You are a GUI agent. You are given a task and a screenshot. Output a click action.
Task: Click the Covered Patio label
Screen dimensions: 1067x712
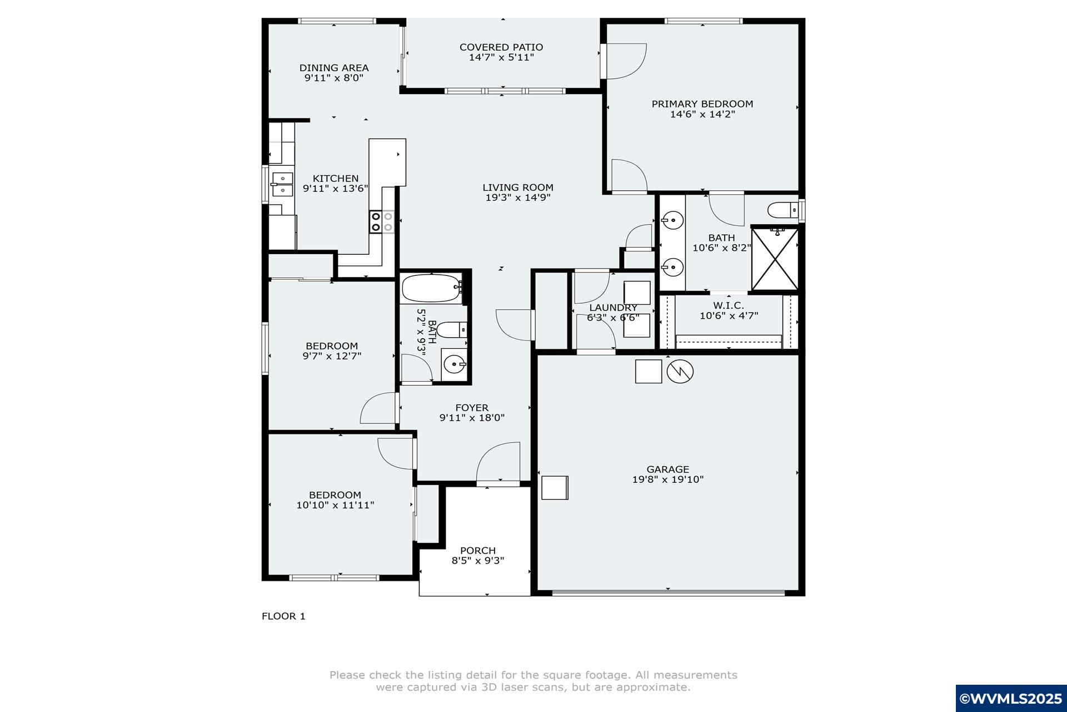click(501, 47)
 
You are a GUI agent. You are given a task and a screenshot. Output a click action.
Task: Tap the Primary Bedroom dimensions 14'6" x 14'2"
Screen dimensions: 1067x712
click(702, 115)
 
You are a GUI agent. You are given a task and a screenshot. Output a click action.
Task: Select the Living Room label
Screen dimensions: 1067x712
click(518, 187)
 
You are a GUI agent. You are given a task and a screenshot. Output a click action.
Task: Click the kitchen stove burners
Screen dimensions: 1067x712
click(382, 221)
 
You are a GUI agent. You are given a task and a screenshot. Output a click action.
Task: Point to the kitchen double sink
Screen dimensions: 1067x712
click(282, 185)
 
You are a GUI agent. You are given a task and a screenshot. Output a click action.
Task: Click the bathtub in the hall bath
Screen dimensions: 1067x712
click(432, 288)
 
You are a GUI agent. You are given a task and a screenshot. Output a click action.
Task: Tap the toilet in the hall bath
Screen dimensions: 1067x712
click(451, 330)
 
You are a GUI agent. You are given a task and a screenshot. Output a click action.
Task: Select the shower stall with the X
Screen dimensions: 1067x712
click(775, 259)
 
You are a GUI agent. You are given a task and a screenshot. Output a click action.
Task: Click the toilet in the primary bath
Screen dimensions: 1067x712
click(783, 210)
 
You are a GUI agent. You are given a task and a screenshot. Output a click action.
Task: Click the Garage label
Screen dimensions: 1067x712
click(667, 469)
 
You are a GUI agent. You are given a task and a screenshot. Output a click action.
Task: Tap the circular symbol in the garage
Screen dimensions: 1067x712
click(680, 371)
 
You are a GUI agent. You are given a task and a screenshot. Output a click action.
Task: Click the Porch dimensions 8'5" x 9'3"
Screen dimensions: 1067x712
click(478, 561)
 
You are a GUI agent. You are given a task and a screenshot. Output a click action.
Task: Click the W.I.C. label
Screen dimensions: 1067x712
click(729, 305)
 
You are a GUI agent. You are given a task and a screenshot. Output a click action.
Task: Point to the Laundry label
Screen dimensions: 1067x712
click(613, 308)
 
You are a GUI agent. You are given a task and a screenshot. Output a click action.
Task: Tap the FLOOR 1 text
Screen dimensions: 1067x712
click(283, 616)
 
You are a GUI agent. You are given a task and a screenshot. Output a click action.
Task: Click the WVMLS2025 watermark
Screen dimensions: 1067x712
click(1011, 699)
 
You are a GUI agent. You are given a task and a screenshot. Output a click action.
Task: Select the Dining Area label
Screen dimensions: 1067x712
click(334, 68)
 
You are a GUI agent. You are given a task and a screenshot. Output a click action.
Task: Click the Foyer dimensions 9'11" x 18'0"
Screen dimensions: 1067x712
click(472, 418)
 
